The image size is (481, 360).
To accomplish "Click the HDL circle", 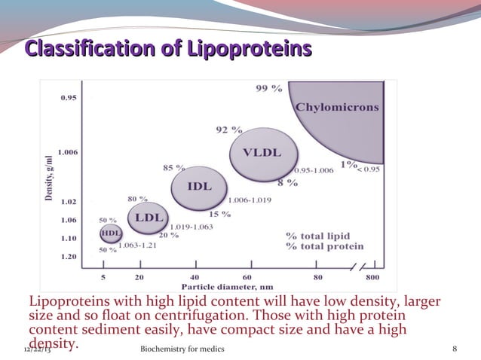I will [111, 233].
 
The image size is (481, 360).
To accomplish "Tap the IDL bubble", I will [198, 186].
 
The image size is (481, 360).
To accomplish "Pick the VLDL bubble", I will [261, 154].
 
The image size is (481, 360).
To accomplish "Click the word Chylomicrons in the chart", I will [336, 108].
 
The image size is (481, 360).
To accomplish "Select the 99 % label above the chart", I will [269, 89].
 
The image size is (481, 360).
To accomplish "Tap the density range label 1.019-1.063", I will [192, 226].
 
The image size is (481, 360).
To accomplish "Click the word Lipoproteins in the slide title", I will [246, 50].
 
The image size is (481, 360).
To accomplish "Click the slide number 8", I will [455, 350].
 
